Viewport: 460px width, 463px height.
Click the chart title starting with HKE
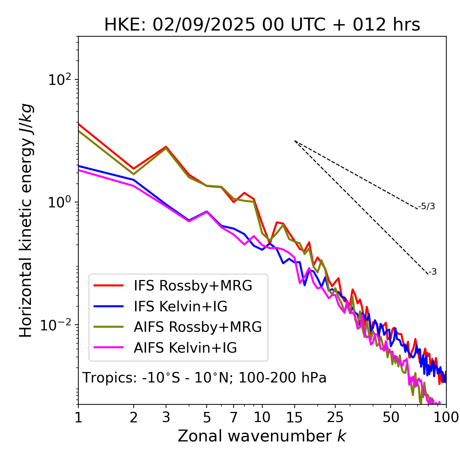point(262,25)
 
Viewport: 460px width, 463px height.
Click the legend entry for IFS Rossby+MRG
point(193,285)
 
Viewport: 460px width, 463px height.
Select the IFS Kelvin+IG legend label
point(180,306)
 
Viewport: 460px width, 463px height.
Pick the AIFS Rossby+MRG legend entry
point(198,327)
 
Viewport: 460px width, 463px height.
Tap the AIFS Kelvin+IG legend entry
point(185,348)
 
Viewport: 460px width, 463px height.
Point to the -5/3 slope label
point(427,206)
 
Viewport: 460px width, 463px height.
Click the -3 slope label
point(432,272)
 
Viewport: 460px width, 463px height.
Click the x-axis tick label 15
point(295,417)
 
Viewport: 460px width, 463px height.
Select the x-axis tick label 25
point(335,417)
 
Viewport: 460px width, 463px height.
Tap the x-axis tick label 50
point(391,417)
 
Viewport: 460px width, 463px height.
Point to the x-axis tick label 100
point(446,417)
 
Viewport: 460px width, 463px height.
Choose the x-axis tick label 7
point(234,417)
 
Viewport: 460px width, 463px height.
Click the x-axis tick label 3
point(166,417)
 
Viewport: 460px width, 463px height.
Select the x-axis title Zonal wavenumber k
point(262,436)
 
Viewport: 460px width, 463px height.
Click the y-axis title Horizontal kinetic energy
point(26,220)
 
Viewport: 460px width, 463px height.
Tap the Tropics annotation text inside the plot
point(204,378)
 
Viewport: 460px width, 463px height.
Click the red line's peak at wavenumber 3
point(166,147)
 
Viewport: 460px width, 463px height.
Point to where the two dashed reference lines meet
point(295,141)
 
